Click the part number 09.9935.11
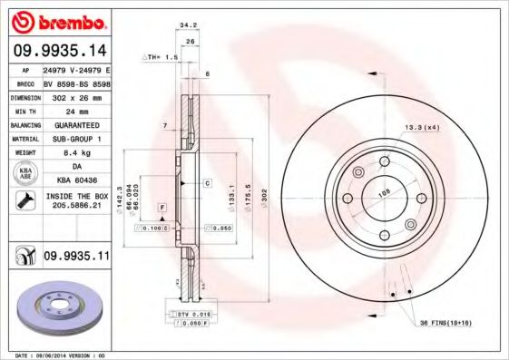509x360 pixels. point(76,258)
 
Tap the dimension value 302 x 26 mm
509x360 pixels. point(75,95)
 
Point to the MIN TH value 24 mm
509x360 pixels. point(75,110)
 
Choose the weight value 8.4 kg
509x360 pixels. point(75,153)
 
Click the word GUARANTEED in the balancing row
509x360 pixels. point(75,124)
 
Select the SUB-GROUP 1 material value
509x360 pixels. point(75,139)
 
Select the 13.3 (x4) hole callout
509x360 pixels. point(423,128)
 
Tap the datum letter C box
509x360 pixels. point(207,183)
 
